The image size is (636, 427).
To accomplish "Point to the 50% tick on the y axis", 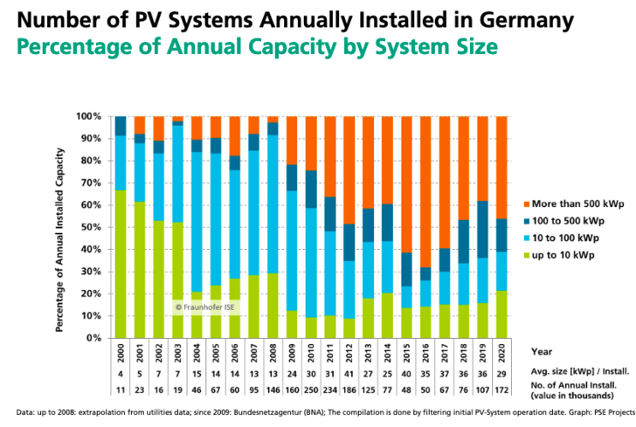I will (108, 227).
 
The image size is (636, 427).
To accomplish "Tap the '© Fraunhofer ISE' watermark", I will (204, 306).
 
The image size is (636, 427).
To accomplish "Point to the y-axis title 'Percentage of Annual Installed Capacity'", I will (63, 227).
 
